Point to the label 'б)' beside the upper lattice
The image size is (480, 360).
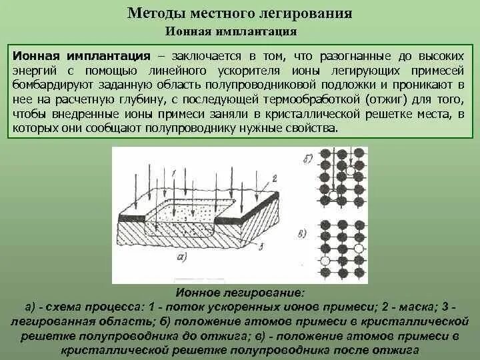pos(307,160)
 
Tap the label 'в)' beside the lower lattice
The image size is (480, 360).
pos(303,233)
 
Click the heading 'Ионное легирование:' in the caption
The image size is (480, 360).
pos(239,293)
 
